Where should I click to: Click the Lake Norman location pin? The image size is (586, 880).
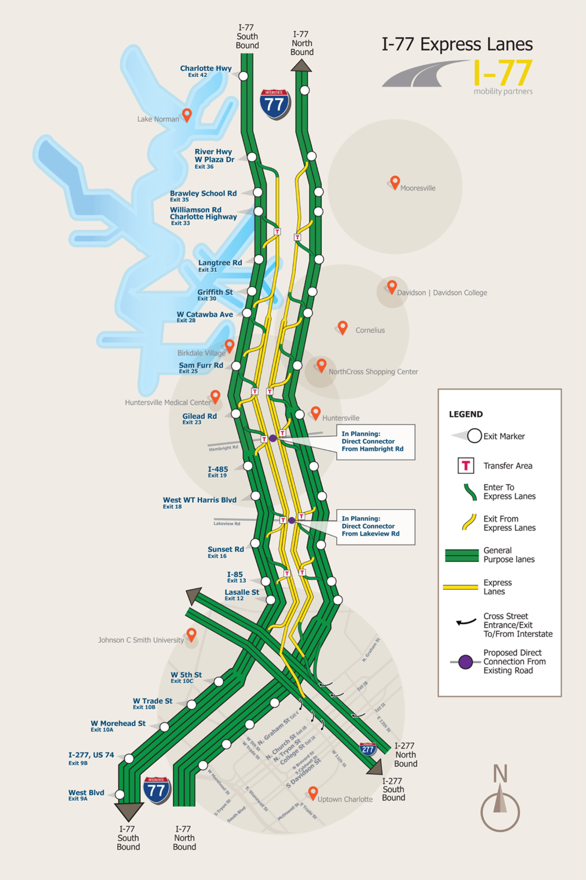pos(187,114)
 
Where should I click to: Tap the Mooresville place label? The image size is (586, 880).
pos(418,188)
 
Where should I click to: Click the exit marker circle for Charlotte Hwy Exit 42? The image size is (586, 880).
pos(243,76)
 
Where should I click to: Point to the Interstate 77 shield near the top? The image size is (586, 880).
pos(275,104)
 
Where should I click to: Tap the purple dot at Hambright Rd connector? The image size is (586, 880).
pos(273,438)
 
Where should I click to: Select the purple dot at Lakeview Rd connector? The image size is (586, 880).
pos(292,520)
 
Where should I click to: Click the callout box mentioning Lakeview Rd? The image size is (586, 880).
pos(375,526)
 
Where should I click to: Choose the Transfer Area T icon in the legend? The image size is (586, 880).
pos(466,465)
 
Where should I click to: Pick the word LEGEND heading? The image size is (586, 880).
pos(466,414)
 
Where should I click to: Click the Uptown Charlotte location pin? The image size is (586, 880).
pos(313,792)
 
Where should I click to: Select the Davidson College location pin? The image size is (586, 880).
pos(392,287)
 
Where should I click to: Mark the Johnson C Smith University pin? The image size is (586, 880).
pos(191,634)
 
